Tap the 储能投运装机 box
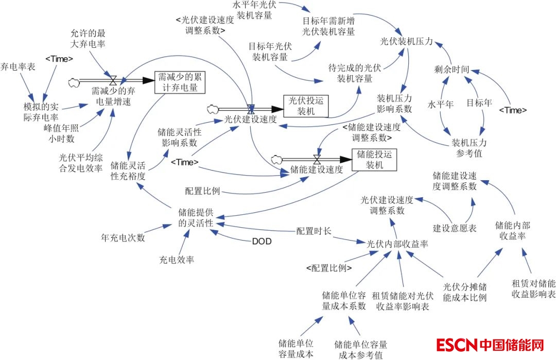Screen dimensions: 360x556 click(374, 160)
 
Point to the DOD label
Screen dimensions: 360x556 click(262, 241)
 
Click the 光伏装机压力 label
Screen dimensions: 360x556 click(406, 42)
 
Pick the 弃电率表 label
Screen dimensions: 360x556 click(18, 66)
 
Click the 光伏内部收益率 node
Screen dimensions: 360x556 click(397, 244)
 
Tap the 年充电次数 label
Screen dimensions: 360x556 click(123, 238)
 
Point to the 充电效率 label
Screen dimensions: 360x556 click(177, 260)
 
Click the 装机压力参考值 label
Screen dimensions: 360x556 click(469, 147)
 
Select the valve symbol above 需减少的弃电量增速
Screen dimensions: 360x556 click(113, 80)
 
